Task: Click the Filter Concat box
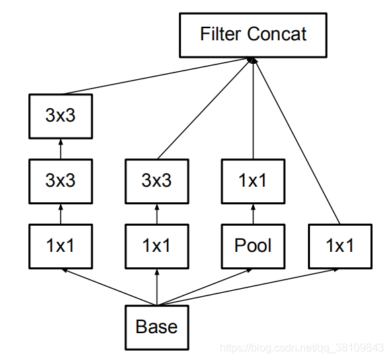(x=253, y=35)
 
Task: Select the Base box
(x=157, y=328)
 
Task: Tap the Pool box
(x=253, y=246)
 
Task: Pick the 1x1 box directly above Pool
(x=253, y=181)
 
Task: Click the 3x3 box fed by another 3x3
(x=61, y=116)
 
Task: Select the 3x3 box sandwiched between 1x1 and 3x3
(x=61, y=181)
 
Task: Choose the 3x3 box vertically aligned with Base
(x=157, y=181)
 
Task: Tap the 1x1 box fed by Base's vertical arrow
(x=157, y=246)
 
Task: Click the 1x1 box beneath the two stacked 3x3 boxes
(x=61, y=246)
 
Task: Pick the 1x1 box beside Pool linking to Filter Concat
(x=340, y=246)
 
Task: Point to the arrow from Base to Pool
(x=204, y=287)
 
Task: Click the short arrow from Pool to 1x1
(x=253, y=214)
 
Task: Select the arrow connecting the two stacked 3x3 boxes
(x=61, y=149)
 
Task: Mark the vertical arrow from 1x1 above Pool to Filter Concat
(x=253, y=108)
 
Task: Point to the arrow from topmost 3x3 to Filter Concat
(x=156, y=76)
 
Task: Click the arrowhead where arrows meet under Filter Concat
(x=252, y=60)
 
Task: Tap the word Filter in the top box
(x=221, y=34)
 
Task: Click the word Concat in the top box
(x=276, y=34)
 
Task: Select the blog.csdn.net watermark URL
(x=301, y=348)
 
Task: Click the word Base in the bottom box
(x=157, y=326)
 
